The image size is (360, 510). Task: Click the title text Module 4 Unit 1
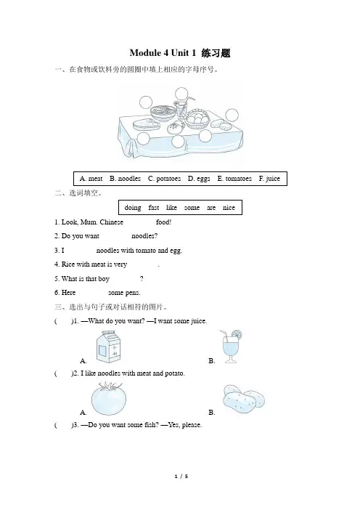[x=163, y=53]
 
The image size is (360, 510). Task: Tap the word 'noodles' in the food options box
[x=129, y=179]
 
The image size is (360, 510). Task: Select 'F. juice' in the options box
[x=269, y=179]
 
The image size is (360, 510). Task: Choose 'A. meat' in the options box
[x=91, y=179]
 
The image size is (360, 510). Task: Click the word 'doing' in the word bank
[x=133, y=208]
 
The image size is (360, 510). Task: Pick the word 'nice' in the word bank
[x=229, y=208]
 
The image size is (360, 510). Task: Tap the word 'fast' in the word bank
[x=154, y=208]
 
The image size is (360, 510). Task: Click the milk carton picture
[x=108, y=346]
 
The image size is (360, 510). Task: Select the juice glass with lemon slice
[x=232, y=346]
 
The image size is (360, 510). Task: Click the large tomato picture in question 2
[x=109, y=398]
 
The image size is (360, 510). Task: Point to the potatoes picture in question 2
[x=244, y=399]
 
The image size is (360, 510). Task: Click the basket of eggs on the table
[x=197, y=118]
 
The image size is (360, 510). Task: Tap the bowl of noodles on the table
[x=163, y=112]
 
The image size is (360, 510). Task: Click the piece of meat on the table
[x=146, y=124]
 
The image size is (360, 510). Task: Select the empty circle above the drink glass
[x=181, y=94]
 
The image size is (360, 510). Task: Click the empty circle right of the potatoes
[x=232, y=115]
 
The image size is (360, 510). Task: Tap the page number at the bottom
[x=181, y=477]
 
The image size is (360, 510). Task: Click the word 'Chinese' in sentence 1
[x=112, y=222]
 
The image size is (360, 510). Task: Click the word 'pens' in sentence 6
[x=133, y=293]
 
